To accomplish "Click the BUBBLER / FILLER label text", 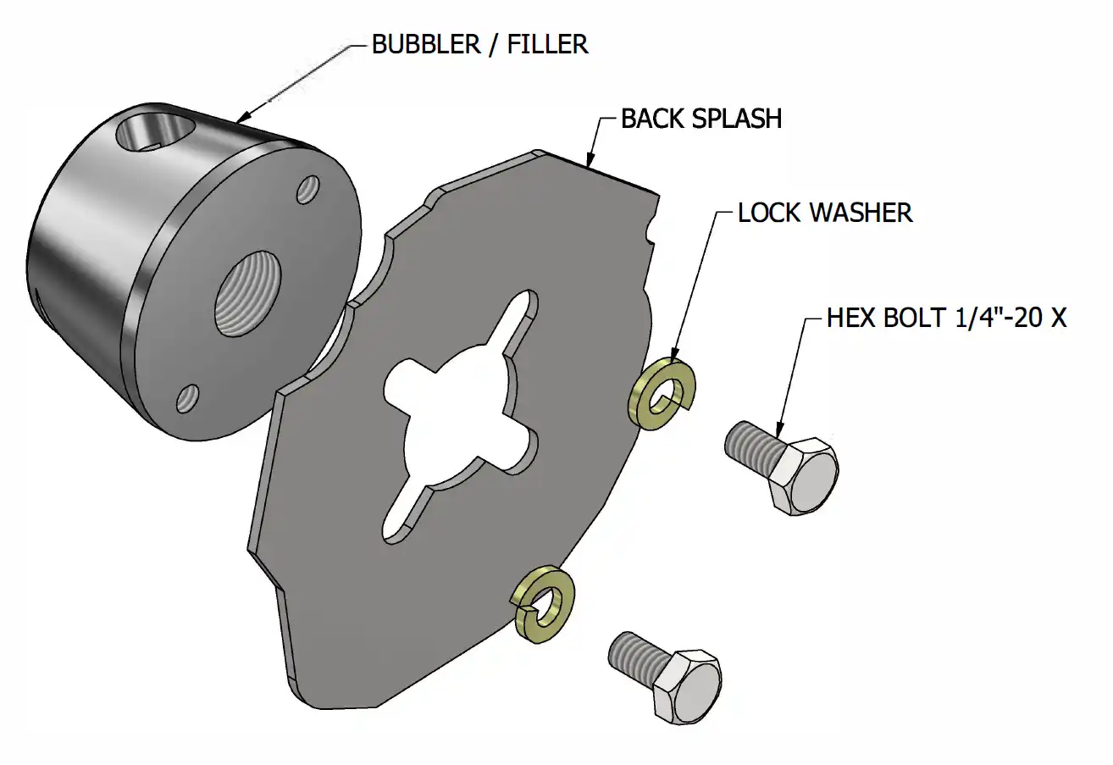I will pos(479,45).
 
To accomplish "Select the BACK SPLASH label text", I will pos(700,119).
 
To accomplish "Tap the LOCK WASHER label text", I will pos(825,212).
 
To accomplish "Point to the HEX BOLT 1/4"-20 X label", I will pos(946,319).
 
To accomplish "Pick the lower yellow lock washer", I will pos(545,603).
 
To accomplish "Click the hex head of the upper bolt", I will pos(804,477).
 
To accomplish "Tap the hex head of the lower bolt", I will pos(687,686).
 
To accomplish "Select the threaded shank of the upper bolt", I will pos(750,443).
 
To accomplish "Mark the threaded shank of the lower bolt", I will pos(633,653).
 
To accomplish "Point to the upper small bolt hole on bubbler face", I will pos(307,189).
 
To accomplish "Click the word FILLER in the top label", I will pos(547,45).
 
